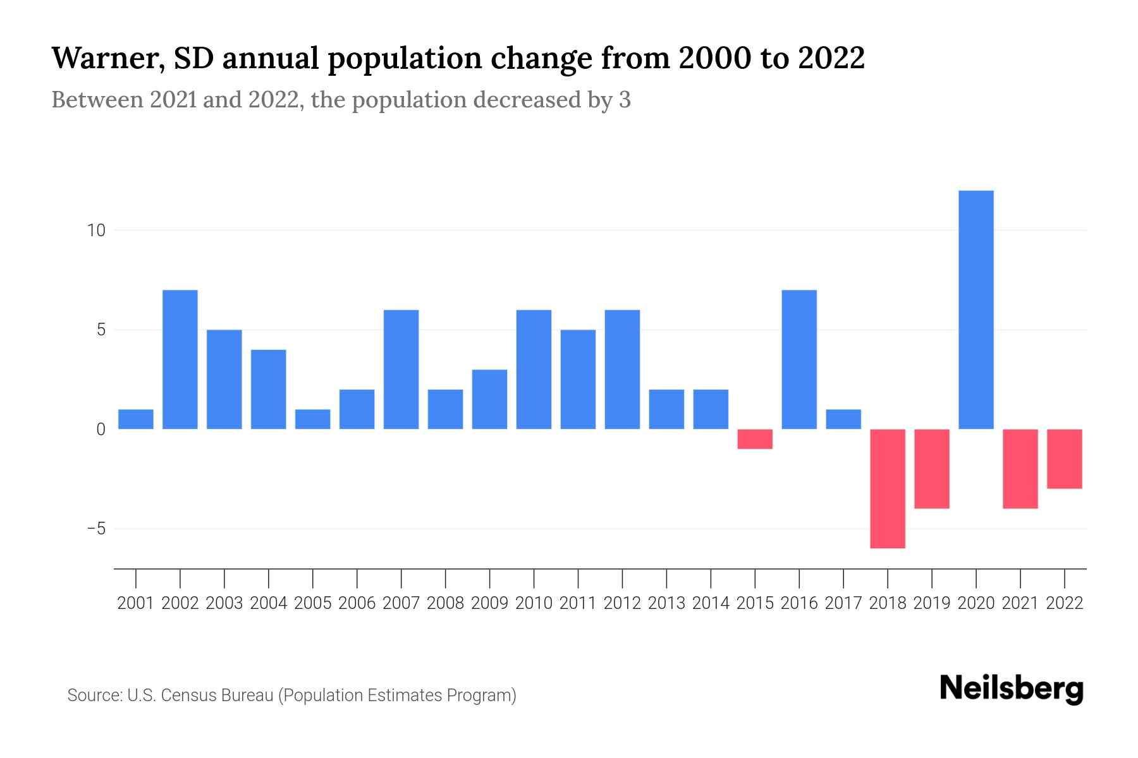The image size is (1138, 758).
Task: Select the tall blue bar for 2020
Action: point(976,310)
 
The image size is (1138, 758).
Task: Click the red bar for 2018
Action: point(888,488)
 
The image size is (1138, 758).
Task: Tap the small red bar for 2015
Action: point(755,439)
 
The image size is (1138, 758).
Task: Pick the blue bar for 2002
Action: point(180,359)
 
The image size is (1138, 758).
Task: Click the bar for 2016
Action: point(799,359)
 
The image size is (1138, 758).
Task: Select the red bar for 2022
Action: point(1065,459)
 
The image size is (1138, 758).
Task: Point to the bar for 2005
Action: point(313,419)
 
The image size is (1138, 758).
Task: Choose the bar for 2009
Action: point(489,399)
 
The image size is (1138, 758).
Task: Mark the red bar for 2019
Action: point(932,469)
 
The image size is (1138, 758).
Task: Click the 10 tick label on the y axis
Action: point(96,231)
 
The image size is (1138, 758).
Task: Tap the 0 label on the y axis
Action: point(101,430)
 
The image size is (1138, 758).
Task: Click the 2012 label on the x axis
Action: point(622,603)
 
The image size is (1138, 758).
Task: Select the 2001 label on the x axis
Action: point(136,603)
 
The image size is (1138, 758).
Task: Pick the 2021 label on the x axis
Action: point(1020,603)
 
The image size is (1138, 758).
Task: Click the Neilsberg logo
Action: point(1012,689)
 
